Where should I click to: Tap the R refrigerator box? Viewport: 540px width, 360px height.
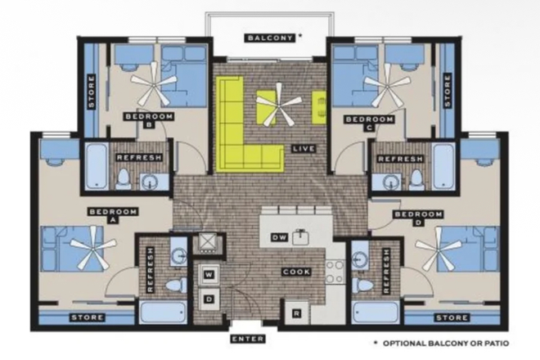(x=295, y=313)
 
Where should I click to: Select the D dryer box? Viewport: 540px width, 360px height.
(x=209, y=299)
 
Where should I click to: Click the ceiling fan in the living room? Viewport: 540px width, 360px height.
(x=277, y=108)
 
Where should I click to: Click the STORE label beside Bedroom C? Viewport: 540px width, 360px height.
(x=447, y=92)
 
